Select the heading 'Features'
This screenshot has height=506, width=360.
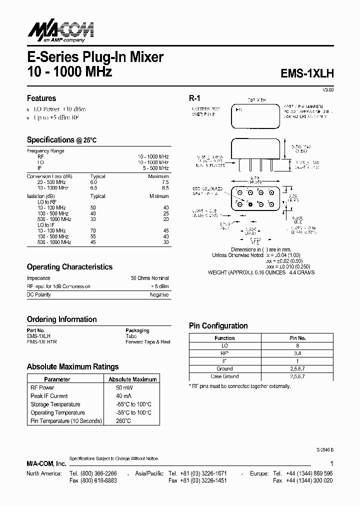41,98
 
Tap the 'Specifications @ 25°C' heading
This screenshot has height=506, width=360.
61,140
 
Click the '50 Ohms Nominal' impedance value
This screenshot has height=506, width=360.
150,278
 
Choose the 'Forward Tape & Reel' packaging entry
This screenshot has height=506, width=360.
147,342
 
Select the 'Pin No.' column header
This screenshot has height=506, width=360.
297,338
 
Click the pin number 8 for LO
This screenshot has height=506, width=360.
297,345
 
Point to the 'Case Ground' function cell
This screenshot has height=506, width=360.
224,376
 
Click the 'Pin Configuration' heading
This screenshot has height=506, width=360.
218,325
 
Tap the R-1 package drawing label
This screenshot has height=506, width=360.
194,98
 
